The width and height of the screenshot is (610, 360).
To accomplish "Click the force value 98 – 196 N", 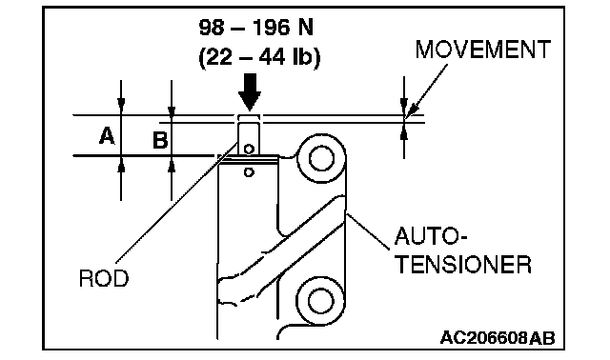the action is click(256, 28).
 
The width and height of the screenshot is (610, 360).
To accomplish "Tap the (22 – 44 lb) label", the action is click(259, 58).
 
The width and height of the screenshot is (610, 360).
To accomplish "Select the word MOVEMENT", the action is click(483, 50).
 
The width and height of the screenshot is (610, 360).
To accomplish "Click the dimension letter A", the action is click(107, 136).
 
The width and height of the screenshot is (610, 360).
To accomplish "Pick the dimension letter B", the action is click(160, 140).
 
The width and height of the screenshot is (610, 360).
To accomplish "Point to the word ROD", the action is click(104, 278).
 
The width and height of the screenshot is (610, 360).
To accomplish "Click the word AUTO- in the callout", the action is click(431, 235).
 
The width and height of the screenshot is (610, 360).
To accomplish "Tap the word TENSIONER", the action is click(463, 265).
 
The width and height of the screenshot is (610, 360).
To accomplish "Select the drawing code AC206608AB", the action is click(498, 338).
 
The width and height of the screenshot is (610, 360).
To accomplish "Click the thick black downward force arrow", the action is click(250, 91).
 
